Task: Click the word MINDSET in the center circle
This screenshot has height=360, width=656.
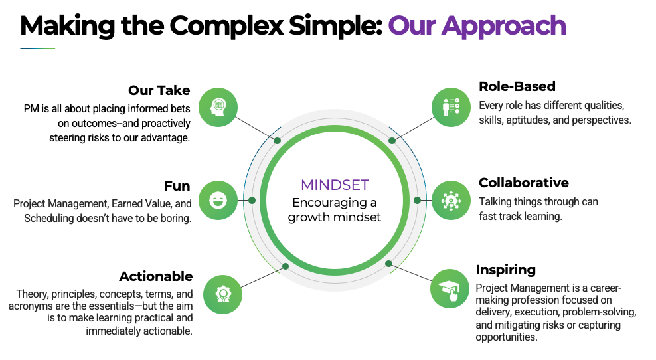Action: pyautogui.click(x=335, y=185)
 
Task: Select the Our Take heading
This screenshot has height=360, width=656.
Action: pyautogui.click(x=159, y=90)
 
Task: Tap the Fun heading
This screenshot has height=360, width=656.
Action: pyautogui.click(x=177, y=186)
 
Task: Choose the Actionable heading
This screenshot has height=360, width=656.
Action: pyautogui.click(x=156, y=276)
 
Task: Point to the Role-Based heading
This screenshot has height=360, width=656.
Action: pyautogui.click(x=517, y=86)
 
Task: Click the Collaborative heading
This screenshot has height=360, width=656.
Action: pyautogui.click(x=524, y=183)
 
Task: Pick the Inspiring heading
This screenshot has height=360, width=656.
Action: pyautogui.click(x=506, y=270)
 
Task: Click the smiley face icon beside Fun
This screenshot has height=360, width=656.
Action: pyautogui.click(x=218, y=200)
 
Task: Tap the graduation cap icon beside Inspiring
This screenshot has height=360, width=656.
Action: pyautogui.click(x=450, y=289)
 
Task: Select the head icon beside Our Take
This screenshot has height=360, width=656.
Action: pyautogui.click(x=218, y=107)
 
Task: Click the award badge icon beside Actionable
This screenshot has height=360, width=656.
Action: pyautogui.click(x=223, y=294)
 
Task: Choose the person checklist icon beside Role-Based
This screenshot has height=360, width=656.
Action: pyautogui.click(x=451, y=107)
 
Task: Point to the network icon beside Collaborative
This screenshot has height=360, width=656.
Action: pyautogui.click(x=451, y=200)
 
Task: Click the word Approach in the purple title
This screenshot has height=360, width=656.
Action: pyautogui.click(x=504, y=26)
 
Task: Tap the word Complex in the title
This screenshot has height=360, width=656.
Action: pyautogui.click(x=226, y=26)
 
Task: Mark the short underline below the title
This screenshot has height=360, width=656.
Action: pyautogui.click(x=38, y=49)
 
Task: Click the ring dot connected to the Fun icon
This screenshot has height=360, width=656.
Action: pyautogui.click(x=252, y=200)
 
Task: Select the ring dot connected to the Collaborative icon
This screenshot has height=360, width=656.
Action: pyautogui.click(x=417, y=200)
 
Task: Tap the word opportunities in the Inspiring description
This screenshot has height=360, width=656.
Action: pyautogui.click(x=506, y=337)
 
